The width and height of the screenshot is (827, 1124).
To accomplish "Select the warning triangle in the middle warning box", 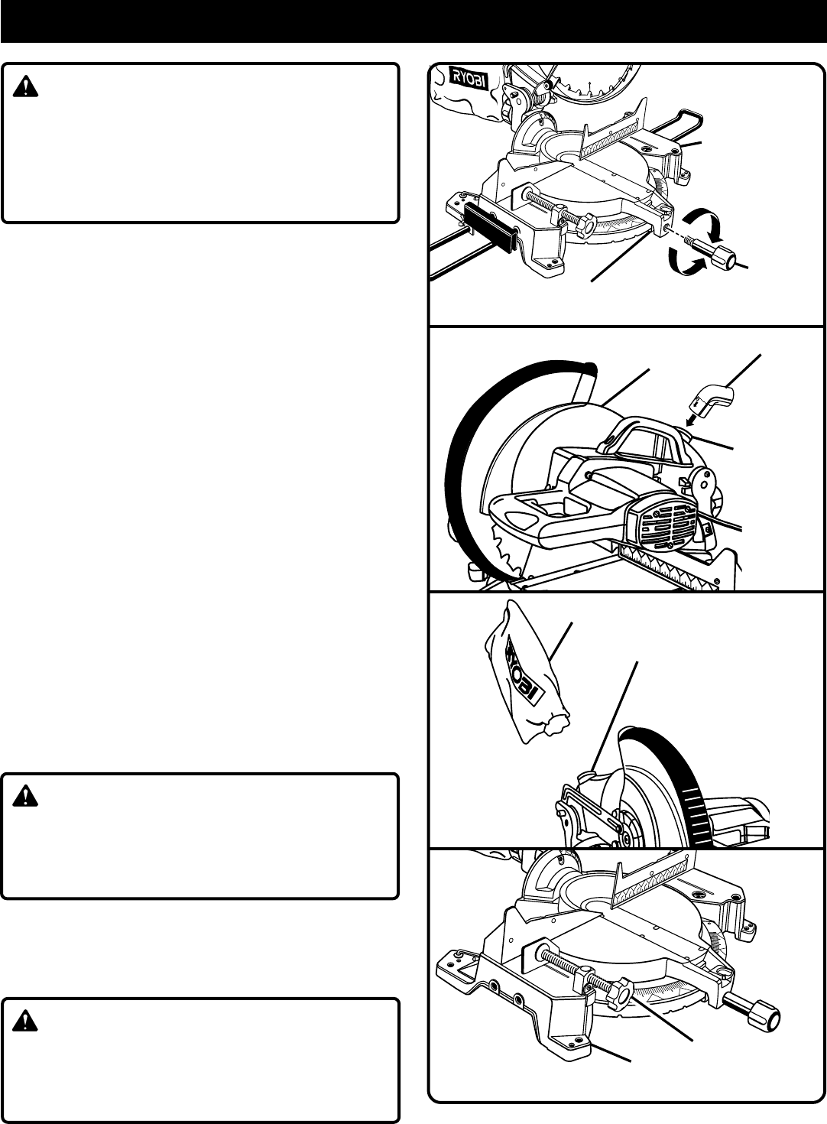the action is pyautogui.click(x=25, y=798).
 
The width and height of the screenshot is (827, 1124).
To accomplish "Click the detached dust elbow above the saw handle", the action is pyautogui.click(x=712, y=398).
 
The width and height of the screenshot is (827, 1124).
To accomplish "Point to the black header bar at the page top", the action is pyautogui.click(x=413, y=21).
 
